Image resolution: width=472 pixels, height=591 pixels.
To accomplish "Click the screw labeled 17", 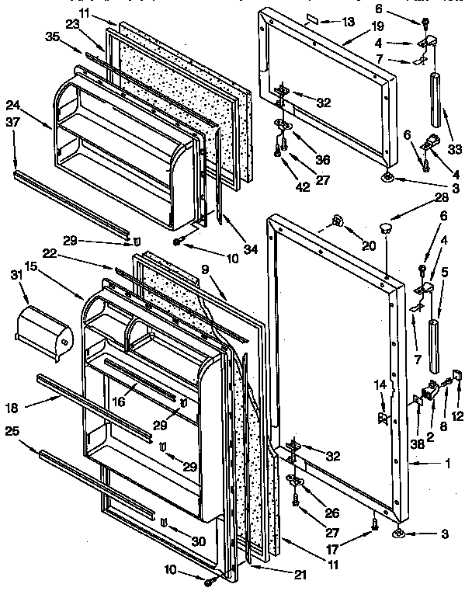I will [x=373, y=524].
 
